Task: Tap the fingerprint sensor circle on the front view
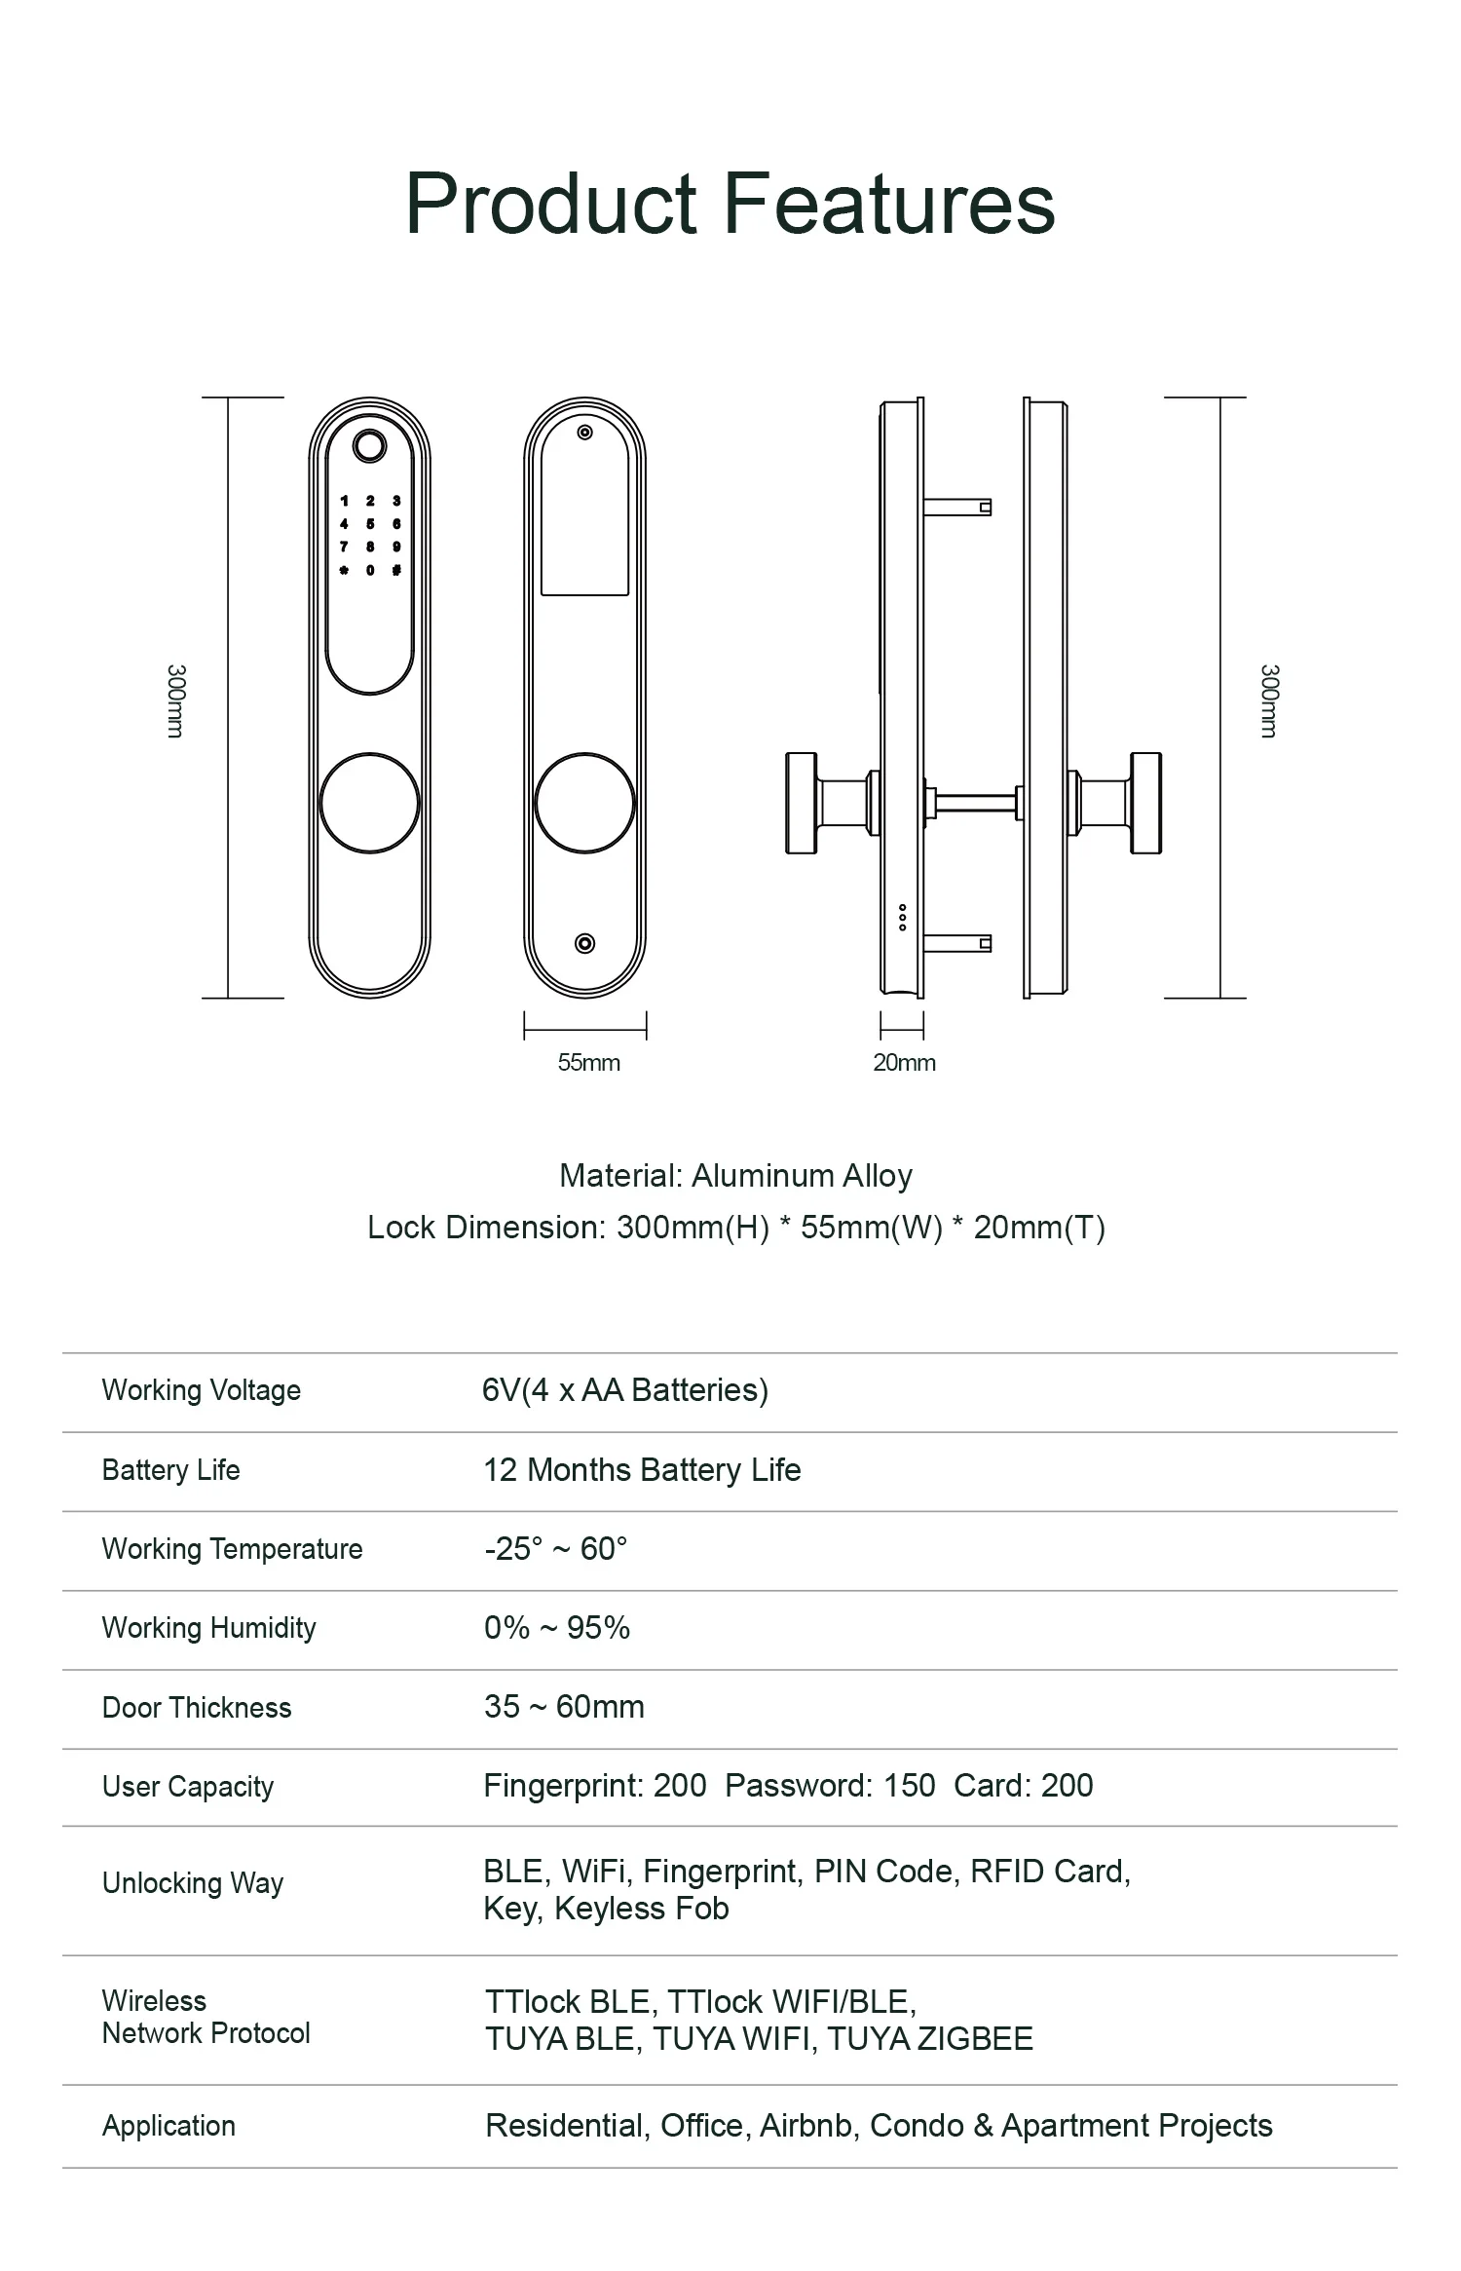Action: click(369, 446)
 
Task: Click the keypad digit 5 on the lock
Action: click(370, 524)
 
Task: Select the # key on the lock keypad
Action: click(396, 570)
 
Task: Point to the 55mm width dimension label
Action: click(588, 1063)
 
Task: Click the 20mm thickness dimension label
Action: click(904, 1063)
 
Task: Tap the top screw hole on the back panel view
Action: click(584, 433)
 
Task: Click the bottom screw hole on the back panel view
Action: click(584, 943)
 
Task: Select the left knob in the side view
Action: click(803, 803)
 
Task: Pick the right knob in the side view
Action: click(1145, 803)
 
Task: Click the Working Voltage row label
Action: click(202, 1390)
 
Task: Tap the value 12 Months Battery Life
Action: click(642, 1470)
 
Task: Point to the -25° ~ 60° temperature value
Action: click(555, 1549)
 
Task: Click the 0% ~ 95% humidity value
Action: click(557, 1628)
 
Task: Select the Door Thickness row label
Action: click(197, 1708)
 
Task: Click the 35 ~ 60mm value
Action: click(564, 1707)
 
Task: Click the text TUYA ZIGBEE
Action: click(930, 2039)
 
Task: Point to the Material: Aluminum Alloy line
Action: click(735, 1176)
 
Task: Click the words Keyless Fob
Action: click(641, 1909)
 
